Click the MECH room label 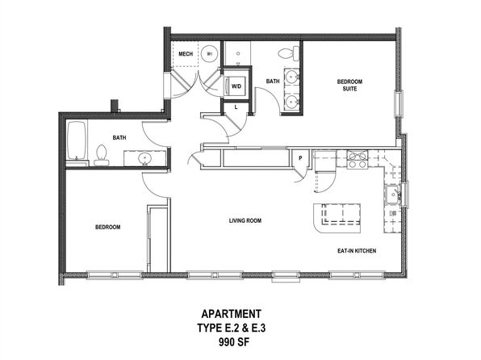coord(186,54)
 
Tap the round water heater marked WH coord(210,54)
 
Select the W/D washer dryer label coord(236,86)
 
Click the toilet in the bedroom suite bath coord(289,53)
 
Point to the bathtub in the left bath coord(76,140)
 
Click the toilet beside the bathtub coord(101,155)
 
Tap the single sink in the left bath coord(144,158)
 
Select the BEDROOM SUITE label coord(349,85)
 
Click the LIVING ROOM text coord(245,220)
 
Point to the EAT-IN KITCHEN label coord(357,251)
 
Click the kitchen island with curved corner coord(337,218)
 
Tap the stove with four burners coord(357,159)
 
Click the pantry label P coord(300,158)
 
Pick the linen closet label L coord(236,107)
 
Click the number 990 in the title coord(225,341)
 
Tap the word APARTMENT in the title coord(232,314)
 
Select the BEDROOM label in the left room coord(107,227)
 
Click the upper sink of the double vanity coord(291,76)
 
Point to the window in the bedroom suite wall coord(398,103)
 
